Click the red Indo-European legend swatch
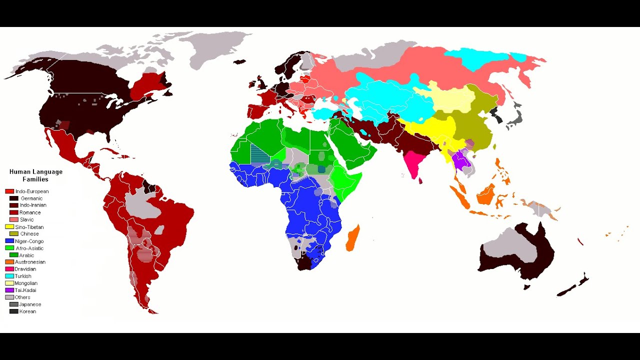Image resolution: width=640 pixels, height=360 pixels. [x=9, y=191]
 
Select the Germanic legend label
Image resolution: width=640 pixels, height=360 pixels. [x=31, y=198]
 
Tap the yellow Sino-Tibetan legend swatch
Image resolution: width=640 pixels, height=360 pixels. [x=9, y=227]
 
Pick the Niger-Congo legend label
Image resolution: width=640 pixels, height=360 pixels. [x=29, y=241]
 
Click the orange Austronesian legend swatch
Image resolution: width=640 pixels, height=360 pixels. [x=9, y=262]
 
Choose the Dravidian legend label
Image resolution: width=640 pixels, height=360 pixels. [x=25, y=269]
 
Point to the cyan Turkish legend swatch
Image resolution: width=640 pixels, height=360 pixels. [x=9, y=276]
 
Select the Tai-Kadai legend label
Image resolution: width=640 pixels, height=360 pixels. [x=25, y=290]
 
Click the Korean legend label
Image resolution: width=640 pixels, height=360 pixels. [x=27, y=311]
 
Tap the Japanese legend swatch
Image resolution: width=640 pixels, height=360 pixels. [x=13, y=304]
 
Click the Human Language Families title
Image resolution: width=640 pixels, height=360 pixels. [x=36, y=175]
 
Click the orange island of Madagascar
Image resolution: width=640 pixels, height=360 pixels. [x=352, y=238]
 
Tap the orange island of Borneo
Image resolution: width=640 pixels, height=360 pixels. [x=486, y=194]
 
